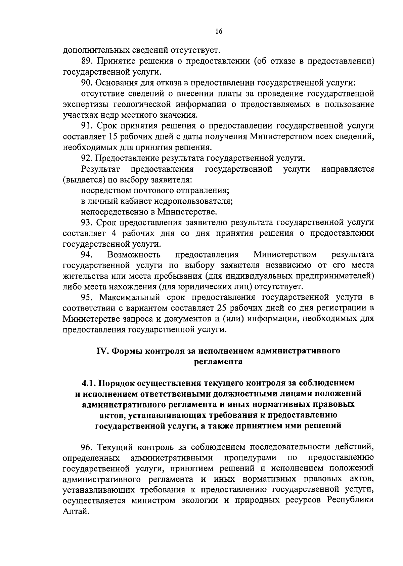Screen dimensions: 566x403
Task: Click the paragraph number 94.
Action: tap(87, 254)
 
